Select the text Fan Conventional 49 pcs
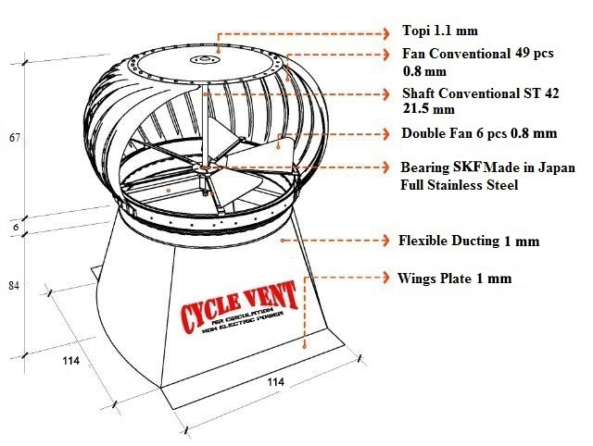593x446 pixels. tap(477, 53)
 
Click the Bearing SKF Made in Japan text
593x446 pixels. tap(486, 169)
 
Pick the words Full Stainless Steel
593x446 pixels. tap(459, 185)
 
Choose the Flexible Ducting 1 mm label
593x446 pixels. tap(468, 241)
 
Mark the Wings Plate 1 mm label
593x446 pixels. tap(454, 278)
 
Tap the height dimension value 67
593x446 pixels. tap(15, 138)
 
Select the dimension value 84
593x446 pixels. tap(14, 286)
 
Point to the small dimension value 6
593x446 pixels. tap(15, 226)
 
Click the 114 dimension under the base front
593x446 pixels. tap(275, 381)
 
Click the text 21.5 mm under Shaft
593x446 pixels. tap(425, 109)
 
